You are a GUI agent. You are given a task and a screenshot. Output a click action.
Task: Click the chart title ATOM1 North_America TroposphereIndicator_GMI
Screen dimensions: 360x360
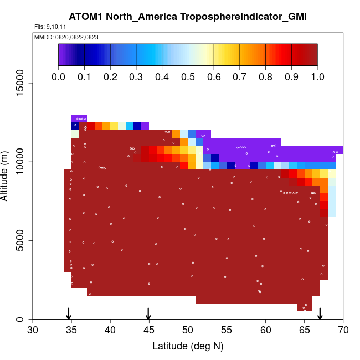188,17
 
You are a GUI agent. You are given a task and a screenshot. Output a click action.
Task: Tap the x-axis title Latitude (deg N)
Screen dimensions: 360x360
188,346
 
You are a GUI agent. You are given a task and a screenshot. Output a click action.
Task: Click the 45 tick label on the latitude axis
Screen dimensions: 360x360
149,331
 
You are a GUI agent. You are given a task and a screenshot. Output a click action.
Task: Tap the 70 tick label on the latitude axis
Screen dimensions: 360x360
343,331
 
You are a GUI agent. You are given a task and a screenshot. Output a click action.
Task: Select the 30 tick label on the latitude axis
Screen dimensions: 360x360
33,331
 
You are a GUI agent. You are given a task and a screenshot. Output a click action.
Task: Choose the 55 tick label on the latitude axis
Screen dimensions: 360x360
227,331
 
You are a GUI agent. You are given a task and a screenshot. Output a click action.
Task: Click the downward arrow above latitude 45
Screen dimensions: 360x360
148,313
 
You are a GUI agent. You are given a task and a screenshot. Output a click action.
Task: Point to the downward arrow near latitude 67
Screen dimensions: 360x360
320,313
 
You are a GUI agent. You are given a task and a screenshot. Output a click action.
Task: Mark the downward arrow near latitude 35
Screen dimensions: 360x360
69,313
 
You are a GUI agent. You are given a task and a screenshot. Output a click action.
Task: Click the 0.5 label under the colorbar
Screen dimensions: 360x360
188,76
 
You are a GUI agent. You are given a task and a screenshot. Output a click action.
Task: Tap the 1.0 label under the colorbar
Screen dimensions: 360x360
317,76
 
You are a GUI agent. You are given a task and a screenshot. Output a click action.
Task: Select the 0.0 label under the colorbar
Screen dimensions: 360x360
58,76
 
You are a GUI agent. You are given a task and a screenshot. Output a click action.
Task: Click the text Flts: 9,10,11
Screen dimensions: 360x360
50,27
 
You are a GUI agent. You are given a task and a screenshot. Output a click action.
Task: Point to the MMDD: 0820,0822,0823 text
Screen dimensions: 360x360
59,37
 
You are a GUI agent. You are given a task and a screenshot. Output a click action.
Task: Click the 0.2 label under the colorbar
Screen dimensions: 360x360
110,76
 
